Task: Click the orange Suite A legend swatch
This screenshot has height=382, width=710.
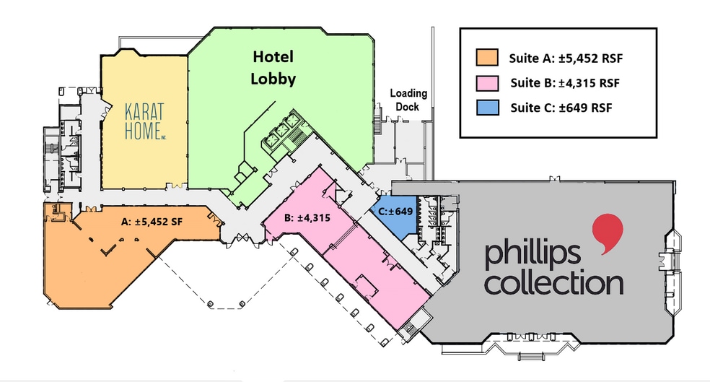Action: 487,56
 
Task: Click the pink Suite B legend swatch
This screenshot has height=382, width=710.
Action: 487,82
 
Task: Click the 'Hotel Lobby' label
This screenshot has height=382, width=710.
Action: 273,68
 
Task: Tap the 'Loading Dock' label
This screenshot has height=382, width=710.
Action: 408,100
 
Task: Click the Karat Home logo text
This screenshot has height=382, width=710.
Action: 144,122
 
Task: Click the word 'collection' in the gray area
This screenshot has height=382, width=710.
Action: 553,282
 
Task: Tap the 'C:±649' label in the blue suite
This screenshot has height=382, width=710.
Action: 394,212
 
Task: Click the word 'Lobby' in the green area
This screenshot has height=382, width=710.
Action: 273,79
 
